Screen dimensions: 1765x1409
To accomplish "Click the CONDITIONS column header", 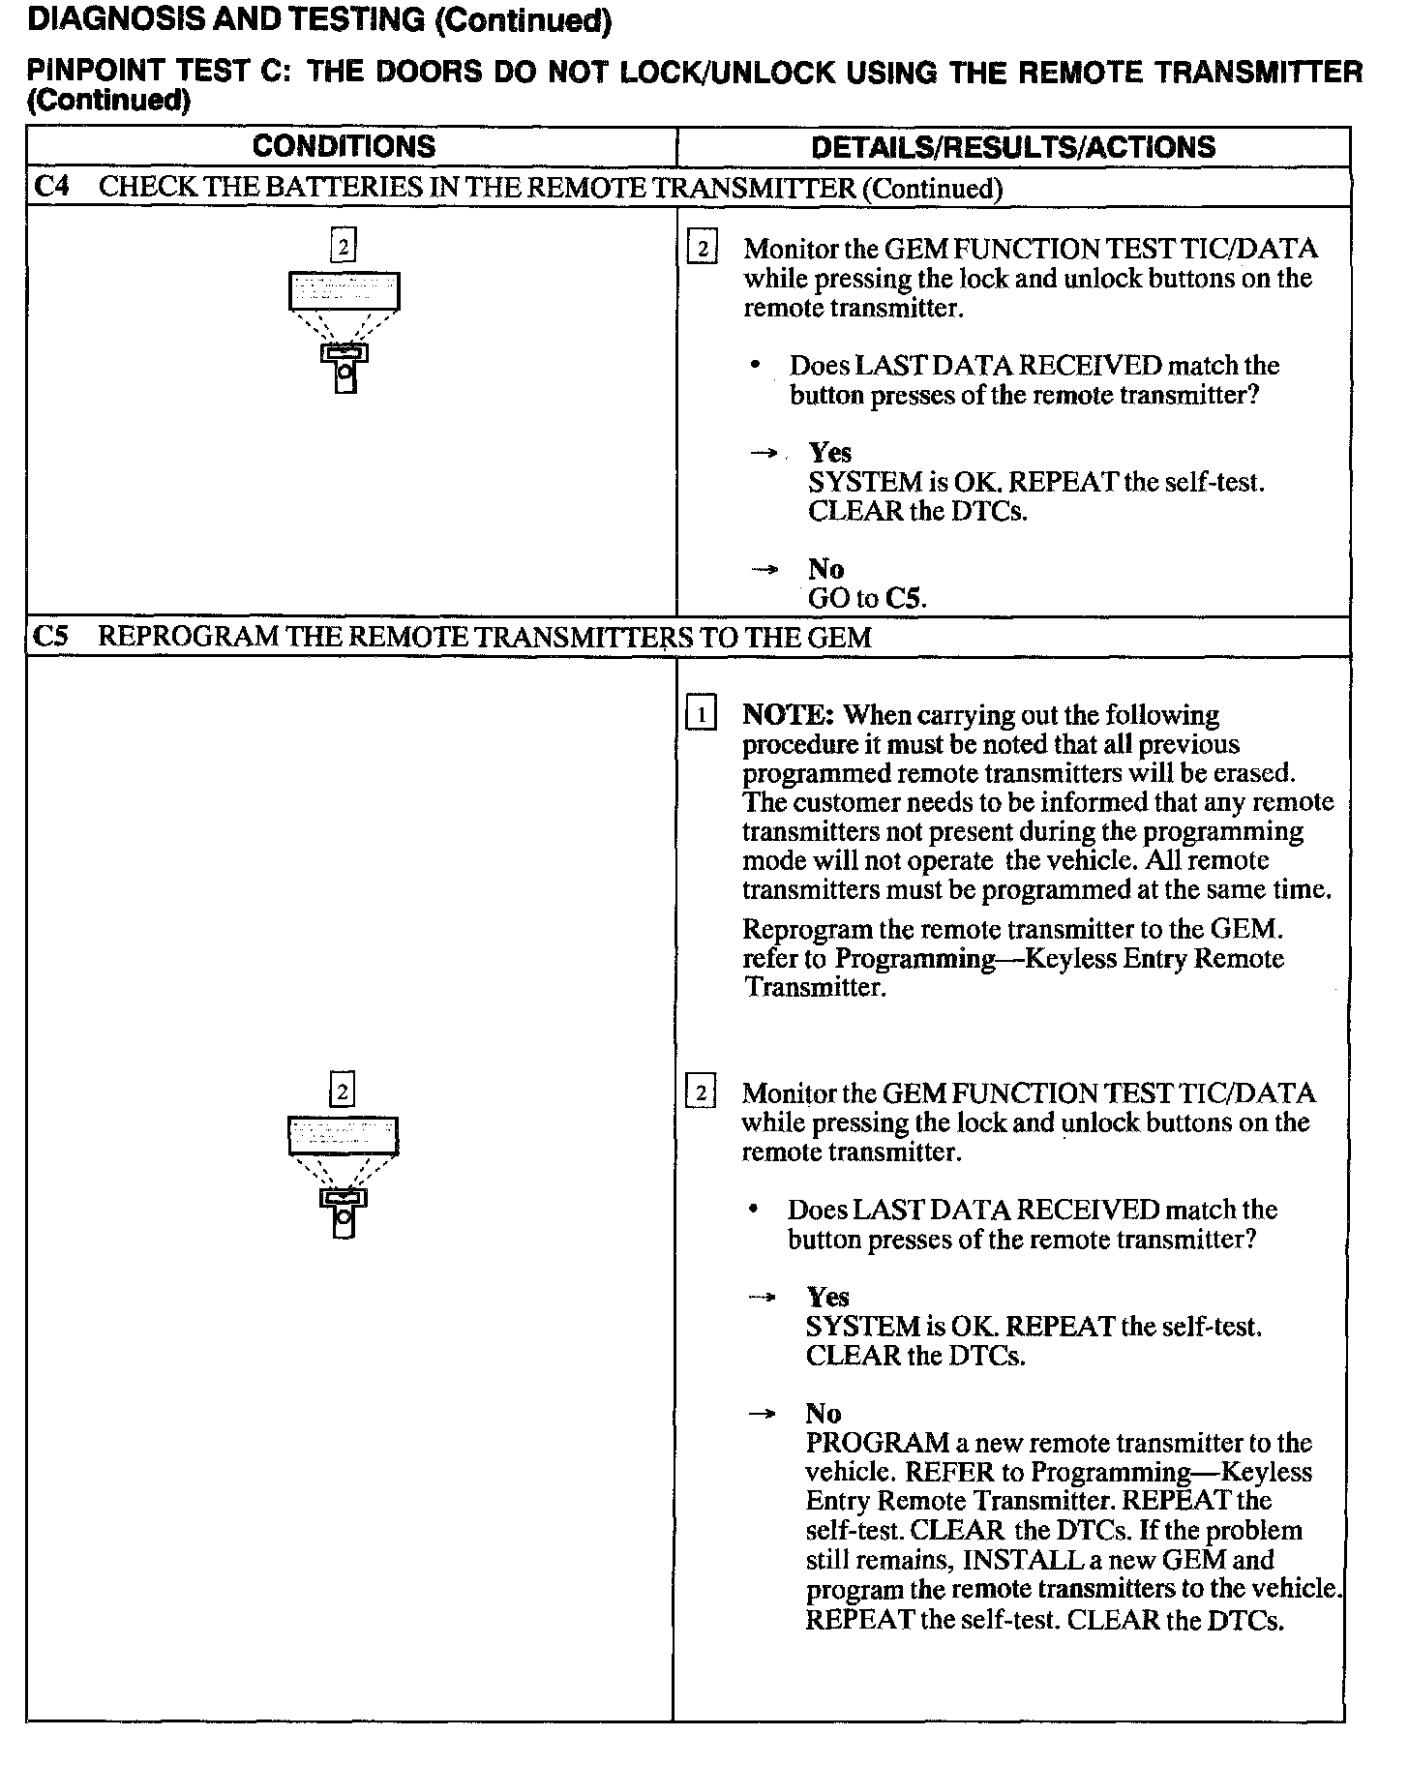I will coord(344,146).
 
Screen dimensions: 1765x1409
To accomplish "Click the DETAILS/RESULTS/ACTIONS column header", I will coord(1012,147).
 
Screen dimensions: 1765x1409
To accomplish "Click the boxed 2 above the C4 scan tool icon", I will coord(344,246).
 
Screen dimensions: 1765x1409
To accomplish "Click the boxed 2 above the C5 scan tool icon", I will coord(343,1092).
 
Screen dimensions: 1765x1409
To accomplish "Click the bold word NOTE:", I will coord(788,715).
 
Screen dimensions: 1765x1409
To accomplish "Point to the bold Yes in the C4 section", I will coord(829,453).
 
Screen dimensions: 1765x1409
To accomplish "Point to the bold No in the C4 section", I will coord(825,569).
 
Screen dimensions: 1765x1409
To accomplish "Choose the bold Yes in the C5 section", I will coord(827,1297).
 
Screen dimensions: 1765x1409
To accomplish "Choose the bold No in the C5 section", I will coord(824,1414).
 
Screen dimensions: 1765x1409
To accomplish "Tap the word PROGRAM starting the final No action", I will coord(877,1443).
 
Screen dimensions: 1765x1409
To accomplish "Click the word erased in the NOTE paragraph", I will coord(1258,773).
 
